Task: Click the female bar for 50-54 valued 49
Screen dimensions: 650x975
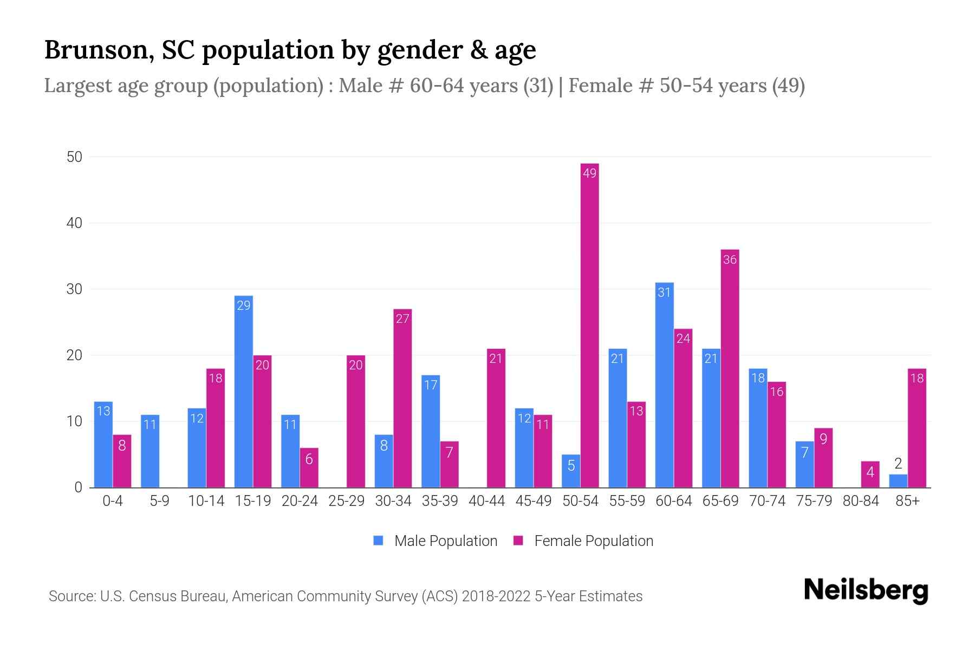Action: [589, 325]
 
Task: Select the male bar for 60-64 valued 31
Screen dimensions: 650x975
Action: [664, 385]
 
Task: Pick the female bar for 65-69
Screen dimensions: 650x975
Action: [730, 368]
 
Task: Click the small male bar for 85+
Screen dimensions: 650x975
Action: [898, 481]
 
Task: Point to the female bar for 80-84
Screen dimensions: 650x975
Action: [870, 474]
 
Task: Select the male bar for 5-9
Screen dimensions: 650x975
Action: [150, 451]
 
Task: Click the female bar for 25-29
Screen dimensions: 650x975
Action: [356, 421]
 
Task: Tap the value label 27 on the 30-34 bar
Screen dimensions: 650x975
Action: [402, 318]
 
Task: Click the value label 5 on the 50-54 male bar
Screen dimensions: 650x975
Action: [571, 466]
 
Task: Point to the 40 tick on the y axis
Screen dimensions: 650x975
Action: [74, 223]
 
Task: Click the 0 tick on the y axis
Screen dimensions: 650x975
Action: [78, 487]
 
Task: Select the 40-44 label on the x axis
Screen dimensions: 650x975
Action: [486, 501]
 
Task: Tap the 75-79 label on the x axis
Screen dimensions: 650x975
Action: [814, 501]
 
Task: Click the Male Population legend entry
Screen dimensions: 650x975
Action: [435, 541]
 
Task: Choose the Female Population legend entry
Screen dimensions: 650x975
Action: [583, 541]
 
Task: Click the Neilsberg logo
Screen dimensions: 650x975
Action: [866, 590]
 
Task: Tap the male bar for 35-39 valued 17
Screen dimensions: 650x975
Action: [431, 431]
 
